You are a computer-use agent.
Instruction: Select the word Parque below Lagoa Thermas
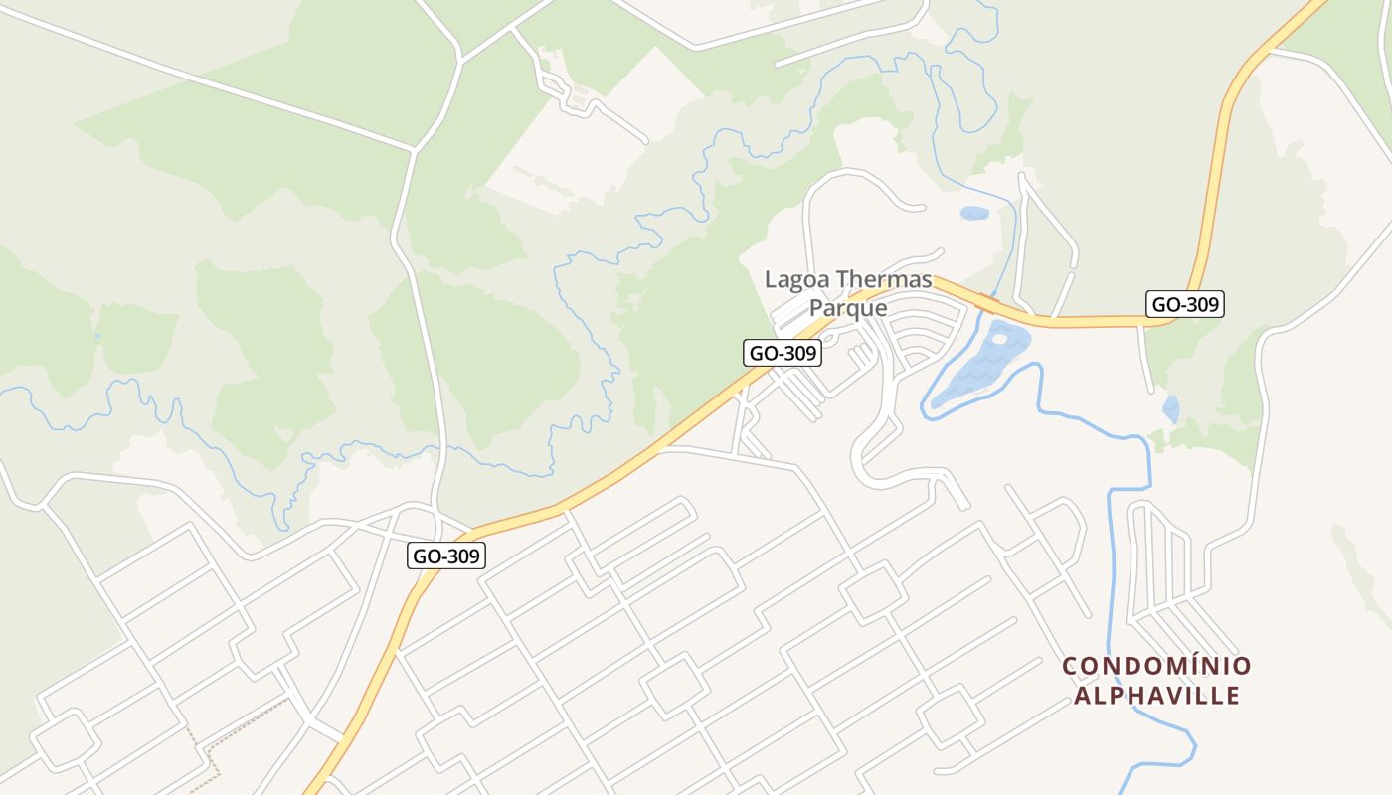pyautogui.click(x=847, y=308)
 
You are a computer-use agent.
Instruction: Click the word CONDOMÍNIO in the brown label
pyautogui.click(x=1156, y=666)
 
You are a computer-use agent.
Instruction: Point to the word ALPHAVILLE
pyautogui.click(x=1156, y=695)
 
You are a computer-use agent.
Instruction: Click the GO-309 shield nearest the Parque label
pyautogui.click(x=783, y=353)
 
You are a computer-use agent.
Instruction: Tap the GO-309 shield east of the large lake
pyautogui.click(x=1184, y=304)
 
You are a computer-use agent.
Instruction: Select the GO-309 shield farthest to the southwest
pyautogui.click(x=446, y=556)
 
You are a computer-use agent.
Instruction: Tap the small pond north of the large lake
pyautogui.click(x=974, y=213)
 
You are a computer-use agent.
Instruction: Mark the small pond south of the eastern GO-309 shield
pyautogui.click(x=1171, y=408)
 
